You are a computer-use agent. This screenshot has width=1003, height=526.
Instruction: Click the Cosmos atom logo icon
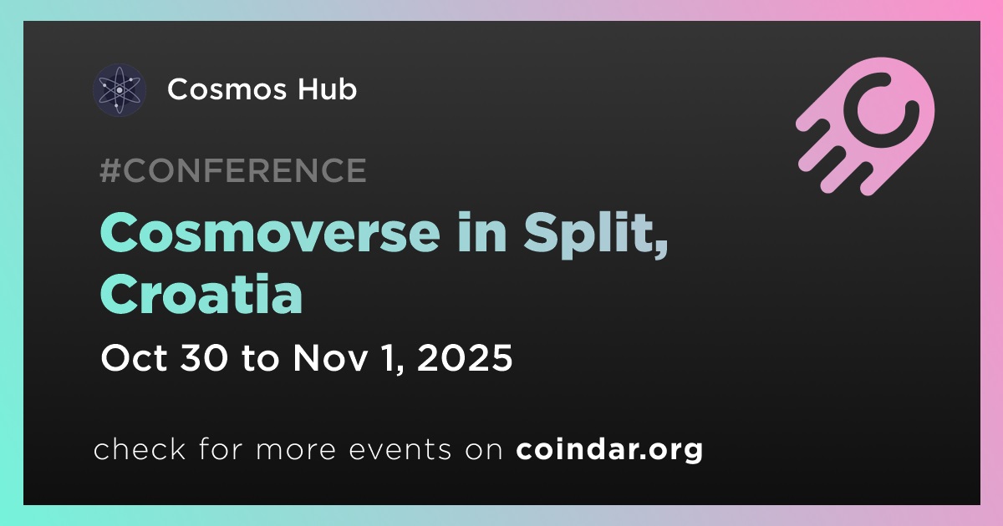point(119,90)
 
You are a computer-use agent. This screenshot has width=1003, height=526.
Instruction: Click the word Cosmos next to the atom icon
point(227,89)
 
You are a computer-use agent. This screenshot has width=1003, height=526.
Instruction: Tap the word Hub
point(328,89)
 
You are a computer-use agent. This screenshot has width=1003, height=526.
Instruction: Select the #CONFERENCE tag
point(233,170)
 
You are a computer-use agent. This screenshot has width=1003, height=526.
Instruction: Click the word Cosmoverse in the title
point(270,233)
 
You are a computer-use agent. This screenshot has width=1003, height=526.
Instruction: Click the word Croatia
point(201,293)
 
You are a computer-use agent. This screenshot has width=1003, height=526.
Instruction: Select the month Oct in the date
point(135,358)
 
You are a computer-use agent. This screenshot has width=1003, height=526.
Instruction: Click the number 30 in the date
point(204,358)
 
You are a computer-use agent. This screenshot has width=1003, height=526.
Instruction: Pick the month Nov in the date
point(330,358)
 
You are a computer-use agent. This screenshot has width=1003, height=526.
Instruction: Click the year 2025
point(465,358)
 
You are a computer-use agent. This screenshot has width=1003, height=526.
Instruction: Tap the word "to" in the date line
point(260,358)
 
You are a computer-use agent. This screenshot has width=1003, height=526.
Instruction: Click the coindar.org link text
point(609,449)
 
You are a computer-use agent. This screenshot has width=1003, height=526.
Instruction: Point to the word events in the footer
point(400,450)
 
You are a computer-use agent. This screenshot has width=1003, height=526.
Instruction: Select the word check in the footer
point(140,448)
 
